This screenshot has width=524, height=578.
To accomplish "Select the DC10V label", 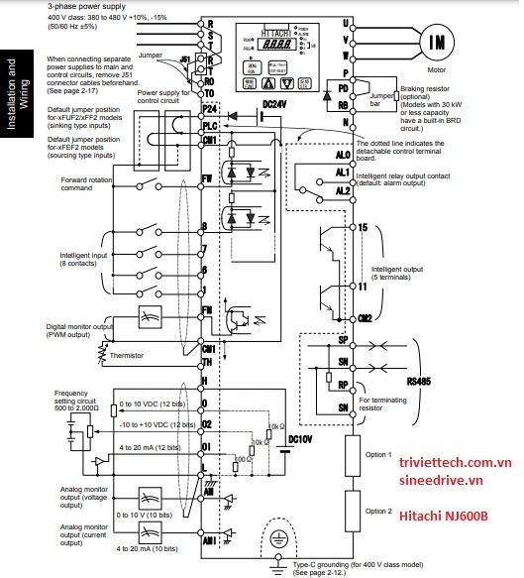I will pos(300,438).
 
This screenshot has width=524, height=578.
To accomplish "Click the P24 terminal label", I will pos(209,112).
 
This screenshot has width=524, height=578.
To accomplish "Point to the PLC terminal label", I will pos(209,127).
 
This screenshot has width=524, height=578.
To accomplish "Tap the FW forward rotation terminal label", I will pos(208,179).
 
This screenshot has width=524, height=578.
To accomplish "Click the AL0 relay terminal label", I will pos(343,156).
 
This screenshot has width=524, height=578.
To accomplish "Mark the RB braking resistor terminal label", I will pos(345,103).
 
